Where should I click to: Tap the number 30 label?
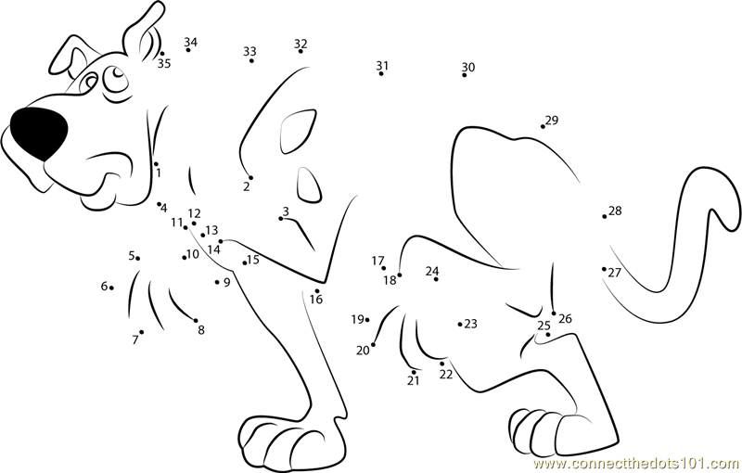[x=468, y=67]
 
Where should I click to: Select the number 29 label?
[x=552, y=121]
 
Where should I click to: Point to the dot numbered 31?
[x=381, y=73]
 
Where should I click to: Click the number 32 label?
[x=301, y=44]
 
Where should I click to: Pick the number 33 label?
[x=249, y=51]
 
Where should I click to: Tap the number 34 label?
[x=190, y=42]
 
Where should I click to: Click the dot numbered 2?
[x=250, y=176]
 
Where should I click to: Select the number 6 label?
[x=104, y=287]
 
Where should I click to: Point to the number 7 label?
[x=134, y=340]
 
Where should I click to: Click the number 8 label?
[x=200, y=330]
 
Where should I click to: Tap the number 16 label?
[x=316, y=300]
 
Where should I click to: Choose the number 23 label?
[x=471, y=324]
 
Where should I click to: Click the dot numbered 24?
[x=436, y=278]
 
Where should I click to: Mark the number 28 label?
[x=615, y=211]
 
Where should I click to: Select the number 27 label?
[x=615, y=273]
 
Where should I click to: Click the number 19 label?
[x=357, y=320]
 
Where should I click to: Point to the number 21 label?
[x=414, y=380]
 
